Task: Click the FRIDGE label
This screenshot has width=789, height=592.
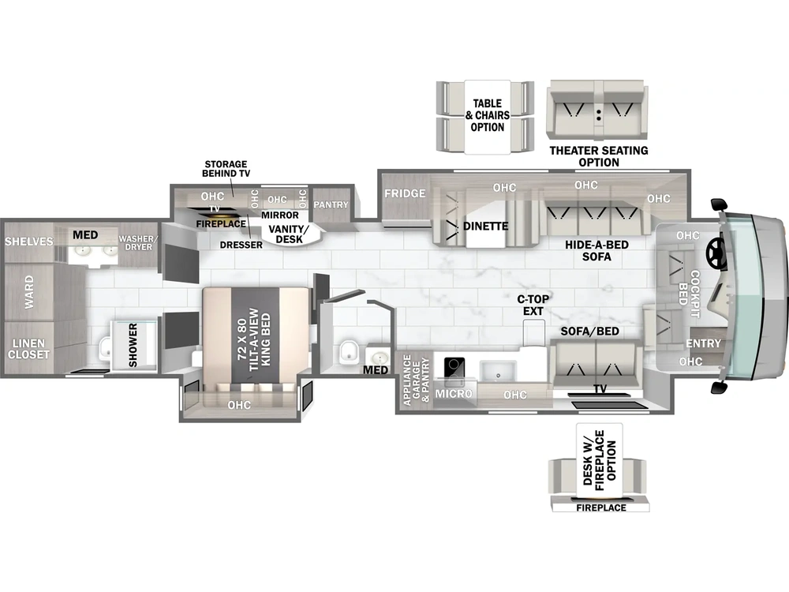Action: point(406,193)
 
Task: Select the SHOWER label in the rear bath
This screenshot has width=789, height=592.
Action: point(133,345)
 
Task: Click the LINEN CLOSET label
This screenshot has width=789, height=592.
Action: point(29,349)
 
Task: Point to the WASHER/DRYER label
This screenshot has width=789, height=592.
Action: point(140,242)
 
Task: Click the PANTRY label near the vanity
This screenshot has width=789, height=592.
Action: point(331,204)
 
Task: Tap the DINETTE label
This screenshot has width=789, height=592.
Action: point(485,227)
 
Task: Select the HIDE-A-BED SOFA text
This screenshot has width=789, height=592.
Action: point(597,251)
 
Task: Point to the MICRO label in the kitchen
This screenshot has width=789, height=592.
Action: point(454,394)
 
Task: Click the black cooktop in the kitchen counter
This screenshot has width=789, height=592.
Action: point(454,368)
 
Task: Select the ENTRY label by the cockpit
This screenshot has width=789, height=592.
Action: point(703,343)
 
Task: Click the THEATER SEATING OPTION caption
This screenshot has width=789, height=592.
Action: point(599,156)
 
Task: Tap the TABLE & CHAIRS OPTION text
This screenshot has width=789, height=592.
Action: point(487,115)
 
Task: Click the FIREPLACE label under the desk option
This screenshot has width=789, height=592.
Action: point(600,508)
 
